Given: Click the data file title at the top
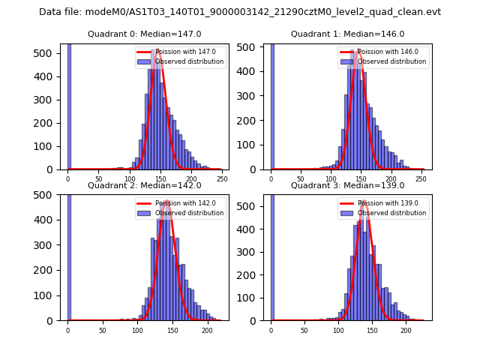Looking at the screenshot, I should [240, 12].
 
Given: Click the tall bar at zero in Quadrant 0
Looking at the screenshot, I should [69, 105].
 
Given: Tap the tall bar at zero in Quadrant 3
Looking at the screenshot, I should [272, 255].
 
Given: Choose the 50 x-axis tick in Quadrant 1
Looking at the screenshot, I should [301, 179].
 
